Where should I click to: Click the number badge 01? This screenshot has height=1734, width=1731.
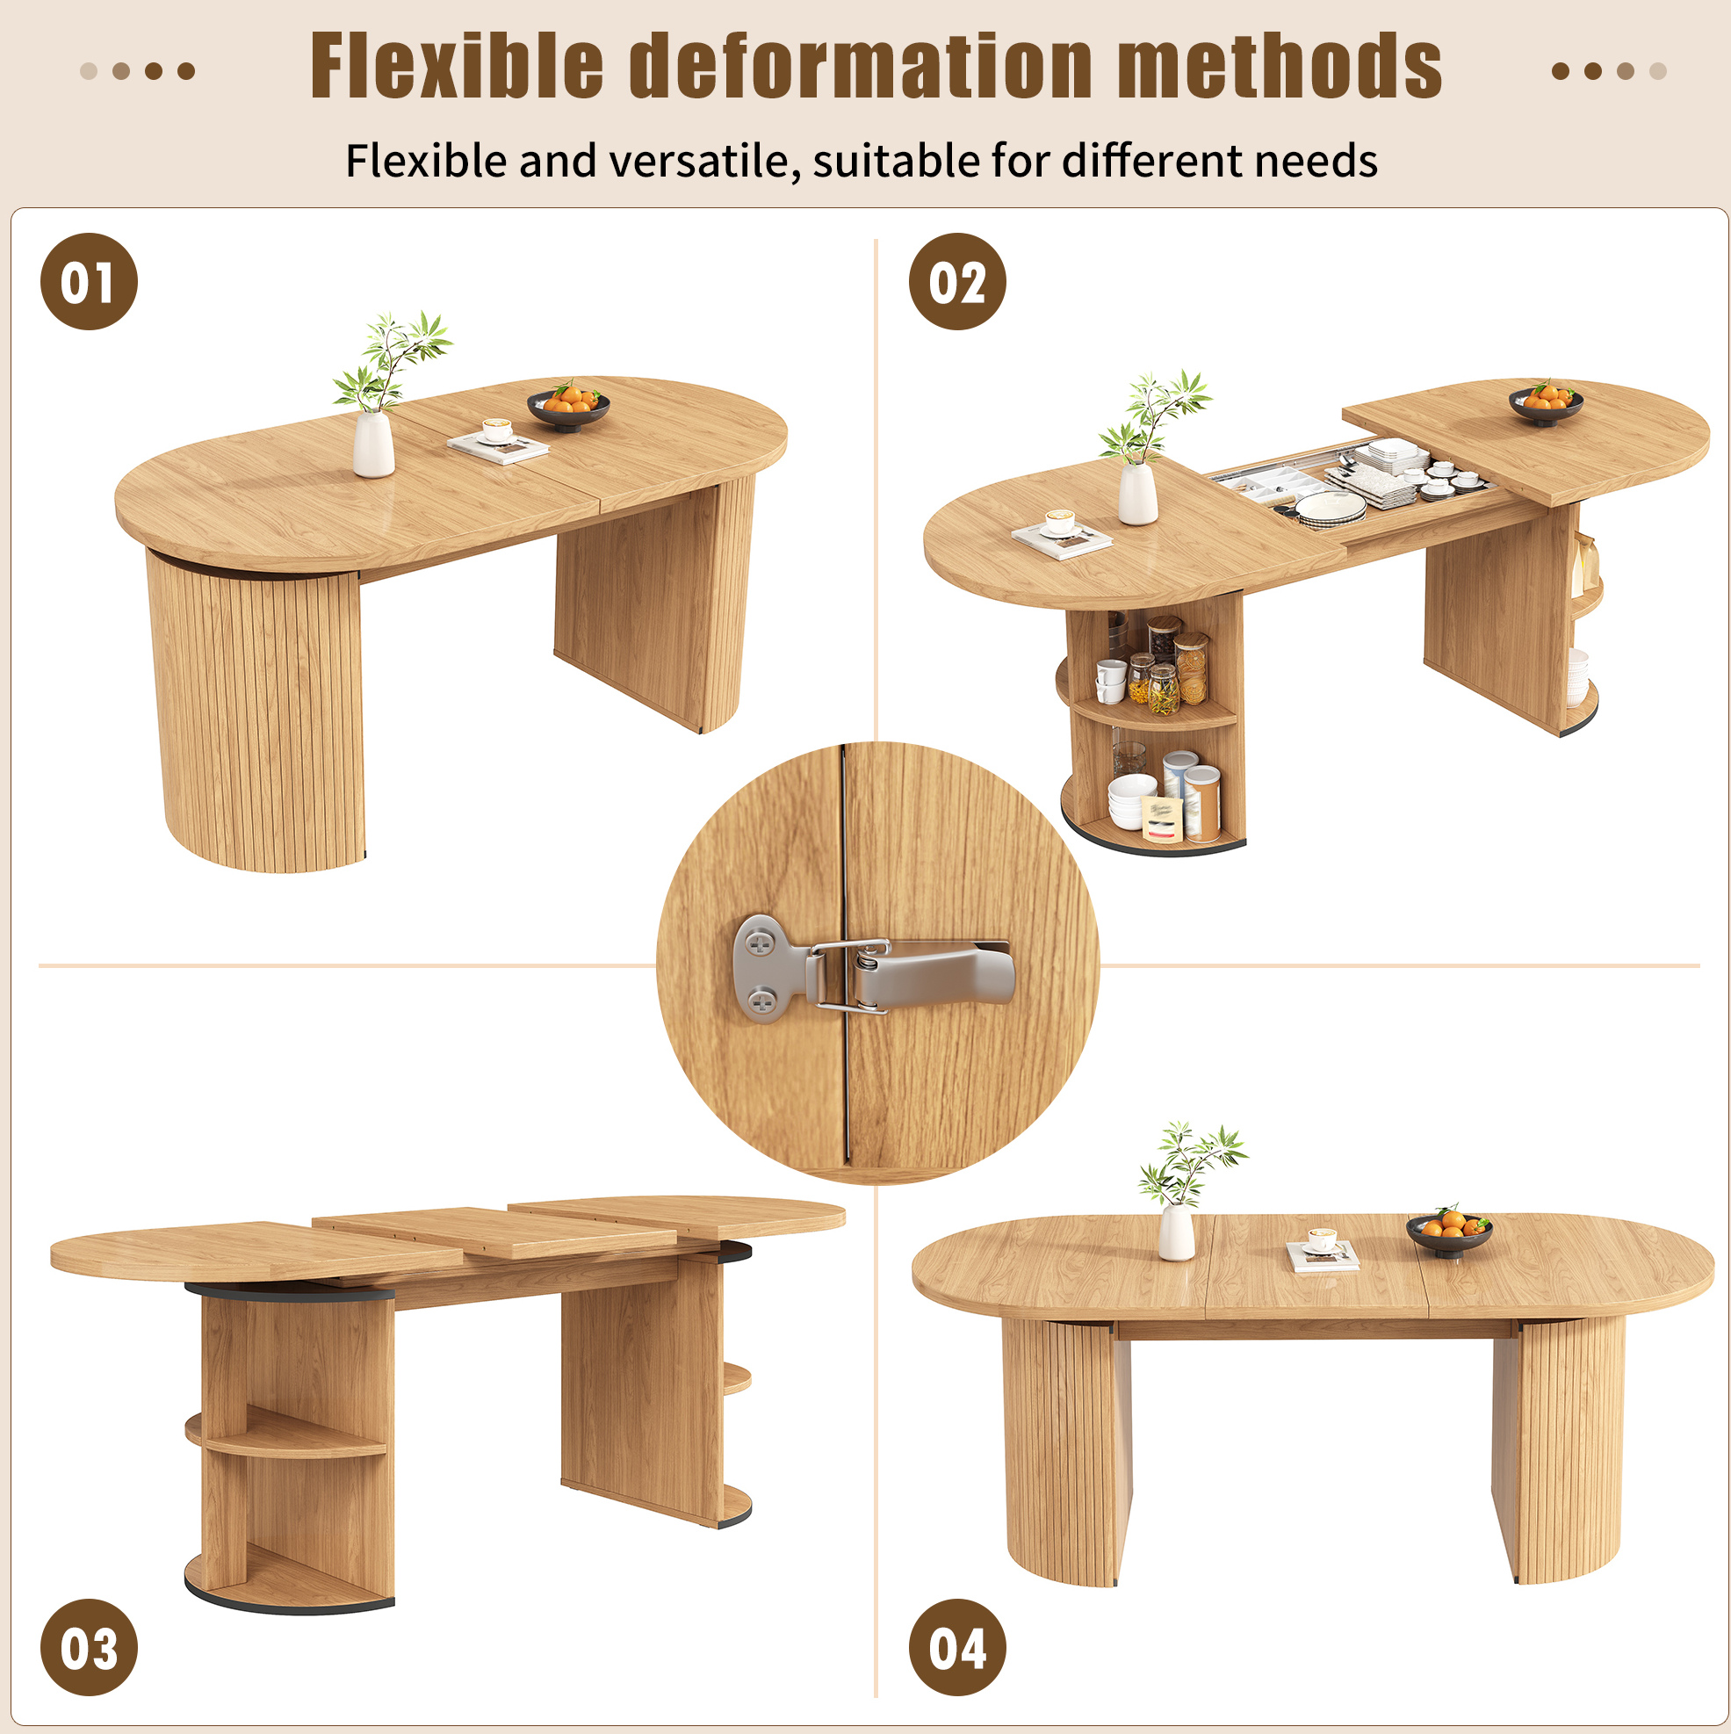89,281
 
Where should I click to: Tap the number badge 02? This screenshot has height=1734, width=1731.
956,281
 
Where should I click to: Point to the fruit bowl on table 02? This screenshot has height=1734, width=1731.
1545,403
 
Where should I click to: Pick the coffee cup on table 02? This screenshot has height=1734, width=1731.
1060,523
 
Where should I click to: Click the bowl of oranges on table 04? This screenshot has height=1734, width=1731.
1448,1232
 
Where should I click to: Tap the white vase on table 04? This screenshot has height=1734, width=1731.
1176,1232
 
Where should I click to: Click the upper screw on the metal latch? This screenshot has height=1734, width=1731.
760,943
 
